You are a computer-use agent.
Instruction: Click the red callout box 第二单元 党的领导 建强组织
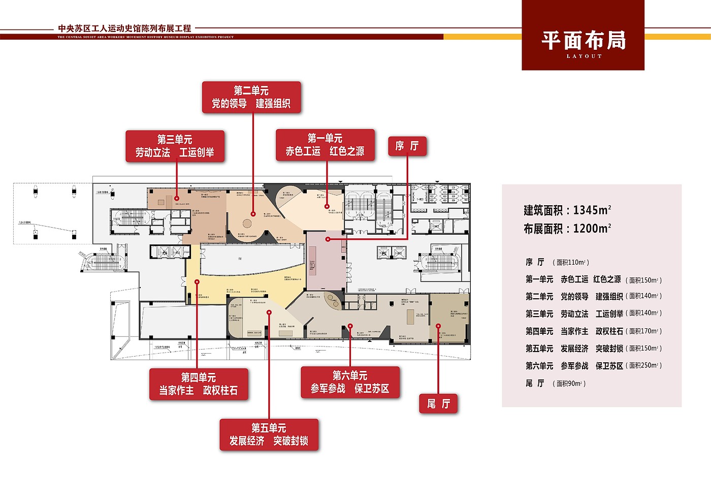click(x=251, y=98)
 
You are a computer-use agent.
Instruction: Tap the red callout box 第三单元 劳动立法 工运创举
click(x=175, y=146)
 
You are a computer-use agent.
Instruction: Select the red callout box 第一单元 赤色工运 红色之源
click(x=325, y=145)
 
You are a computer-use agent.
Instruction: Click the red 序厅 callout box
click(x=407, y=146)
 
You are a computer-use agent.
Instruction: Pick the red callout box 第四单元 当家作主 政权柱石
click(x=199, y=384)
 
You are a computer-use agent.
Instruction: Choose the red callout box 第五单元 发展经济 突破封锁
click(x=269, y=434)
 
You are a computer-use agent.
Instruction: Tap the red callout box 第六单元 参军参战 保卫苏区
click(x=350, y=382)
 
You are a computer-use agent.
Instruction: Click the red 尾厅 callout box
click(x=438, y=404)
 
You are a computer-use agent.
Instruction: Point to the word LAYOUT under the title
click(x=584, y=56)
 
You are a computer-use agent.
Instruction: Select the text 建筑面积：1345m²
click(x=567, y=210)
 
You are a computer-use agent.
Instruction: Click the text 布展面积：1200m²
click(x=567, y=229)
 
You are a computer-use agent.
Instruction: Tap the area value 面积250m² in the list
click(x=644, y=366)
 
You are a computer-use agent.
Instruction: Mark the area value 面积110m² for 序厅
click(x=572, y=263)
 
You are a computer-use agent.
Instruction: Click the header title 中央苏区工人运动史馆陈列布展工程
click(x=124, y=28)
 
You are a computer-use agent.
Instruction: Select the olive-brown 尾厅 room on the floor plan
click(x=449, y=318)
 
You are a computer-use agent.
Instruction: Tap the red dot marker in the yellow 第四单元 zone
click(x=197, y=281)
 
